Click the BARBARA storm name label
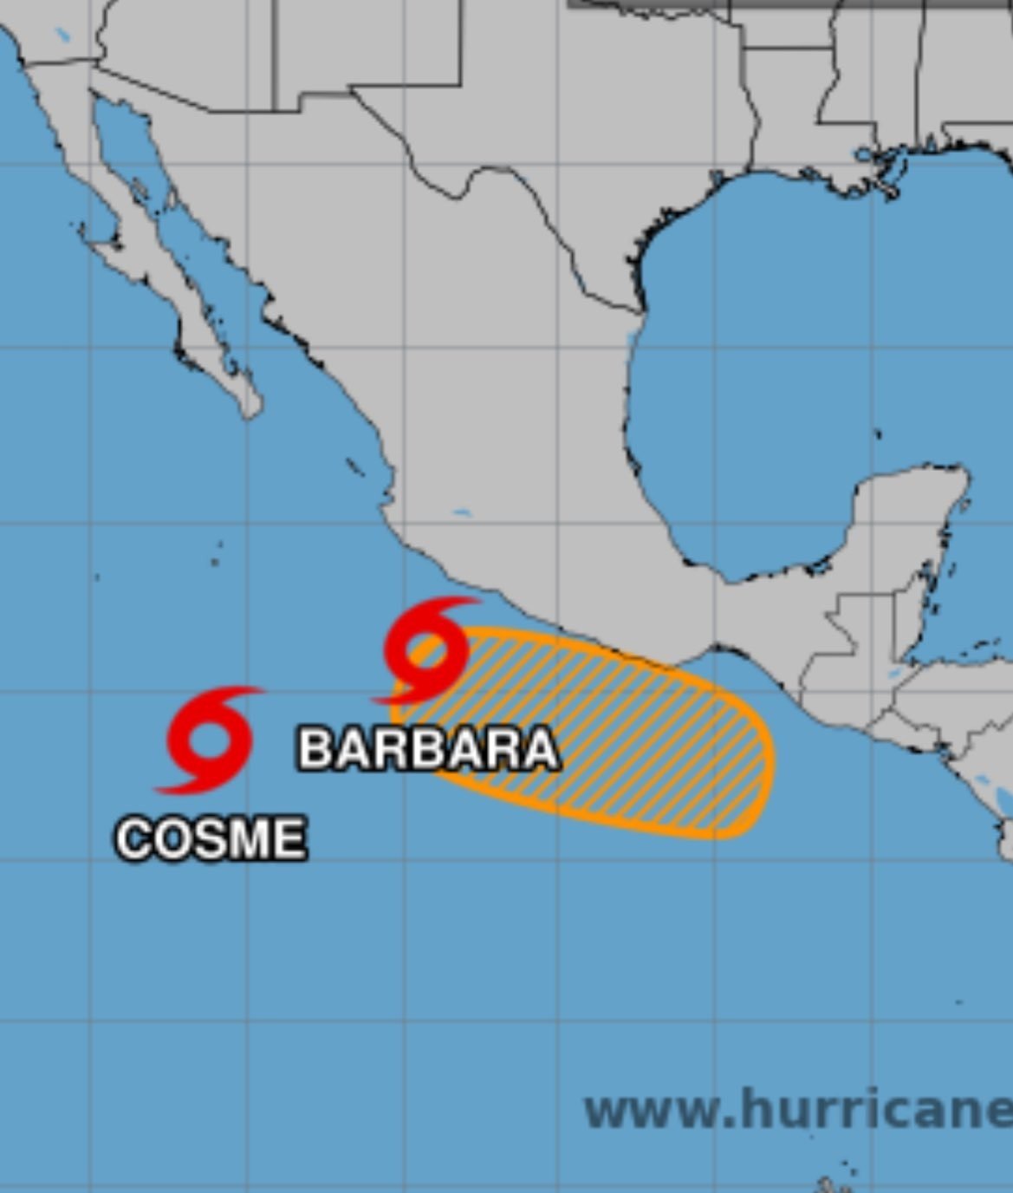(428, 748)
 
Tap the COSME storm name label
(211, 839)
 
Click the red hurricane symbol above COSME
(210, 740)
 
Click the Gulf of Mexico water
(780, 347)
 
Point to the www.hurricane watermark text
(797, 1111)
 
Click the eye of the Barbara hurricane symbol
(426, 649)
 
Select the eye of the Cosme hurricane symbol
(210, 740)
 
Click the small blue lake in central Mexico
(462, 512)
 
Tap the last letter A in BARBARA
(541, 748)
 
